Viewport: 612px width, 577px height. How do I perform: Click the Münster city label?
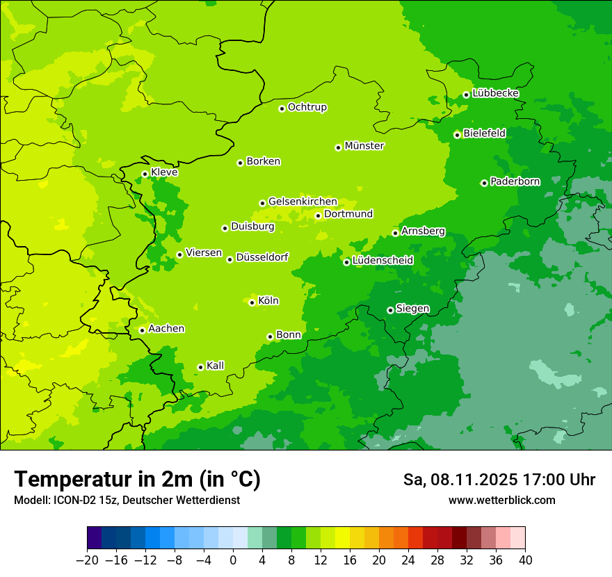(x=364, y=146)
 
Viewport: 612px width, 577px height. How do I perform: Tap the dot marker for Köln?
(x=252, y=302)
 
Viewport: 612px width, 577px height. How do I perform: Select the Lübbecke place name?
(x=495, y=93)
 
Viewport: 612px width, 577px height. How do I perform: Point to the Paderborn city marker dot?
(x=484, y=183)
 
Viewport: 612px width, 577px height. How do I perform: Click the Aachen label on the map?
(x=166, y=329)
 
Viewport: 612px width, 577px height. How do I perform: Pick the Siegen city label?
(x=412, y=309)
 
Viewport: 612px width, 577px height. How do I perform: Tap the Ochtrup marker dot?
(x=282, y=108)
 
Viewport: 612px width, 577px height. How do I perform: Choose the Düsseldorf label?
(x=262, y=258)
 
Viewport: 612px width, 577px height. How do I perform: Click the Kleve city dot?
(x=145, y=174)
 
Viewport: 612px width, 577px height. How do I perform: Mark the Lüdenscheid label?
(x=382, y=261)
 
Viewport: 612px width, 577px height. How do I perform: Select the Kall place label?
(x=216, y=366)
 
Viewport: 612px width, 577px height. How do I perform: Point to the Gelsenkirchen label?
(x=303, y=202)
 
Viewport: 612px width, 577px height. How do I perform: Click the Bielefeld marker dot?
(x=457, y=135)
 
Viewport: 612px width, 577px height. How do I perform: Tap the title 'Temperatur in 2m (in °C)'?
(x=138, y=480)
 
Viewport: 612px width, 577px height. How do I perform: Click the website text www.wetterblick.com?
(x=501, y=501)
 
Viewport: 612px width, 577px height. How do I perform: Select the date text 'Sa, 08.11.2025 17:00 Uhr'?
(x=499, y=480)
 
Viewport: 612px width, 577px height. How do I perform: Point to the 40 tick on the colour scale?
(x=525, y=560)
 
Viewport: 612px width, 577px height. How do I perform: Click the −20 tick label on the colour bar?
(x=87, y=560)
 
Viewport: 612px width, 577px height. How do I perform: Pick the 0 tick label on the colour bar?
(x=233, y=560)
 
